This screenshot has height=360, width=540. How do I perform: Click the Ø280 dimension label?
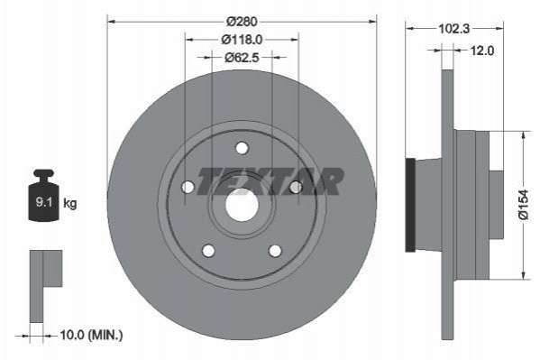242,22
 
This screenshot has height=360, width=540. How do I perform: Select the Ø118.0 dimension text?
242,40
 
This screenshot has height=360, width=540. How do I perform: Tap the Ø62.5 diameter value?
242,57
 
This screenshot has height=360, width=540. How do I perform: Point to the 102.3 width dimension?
453,29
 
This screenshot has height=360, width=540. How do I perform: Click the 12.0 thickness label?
481,51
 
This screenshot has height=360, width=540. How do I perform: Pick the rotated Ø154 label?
523,205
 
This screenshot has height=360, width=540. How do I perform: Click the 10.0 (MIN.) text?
91,335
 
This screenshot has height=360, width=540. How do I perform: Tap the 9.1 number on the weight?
44,202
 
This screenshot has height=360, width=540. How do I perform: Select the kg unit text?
70,203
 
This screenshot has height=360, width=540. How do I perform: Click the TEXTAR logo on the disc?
270,180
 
